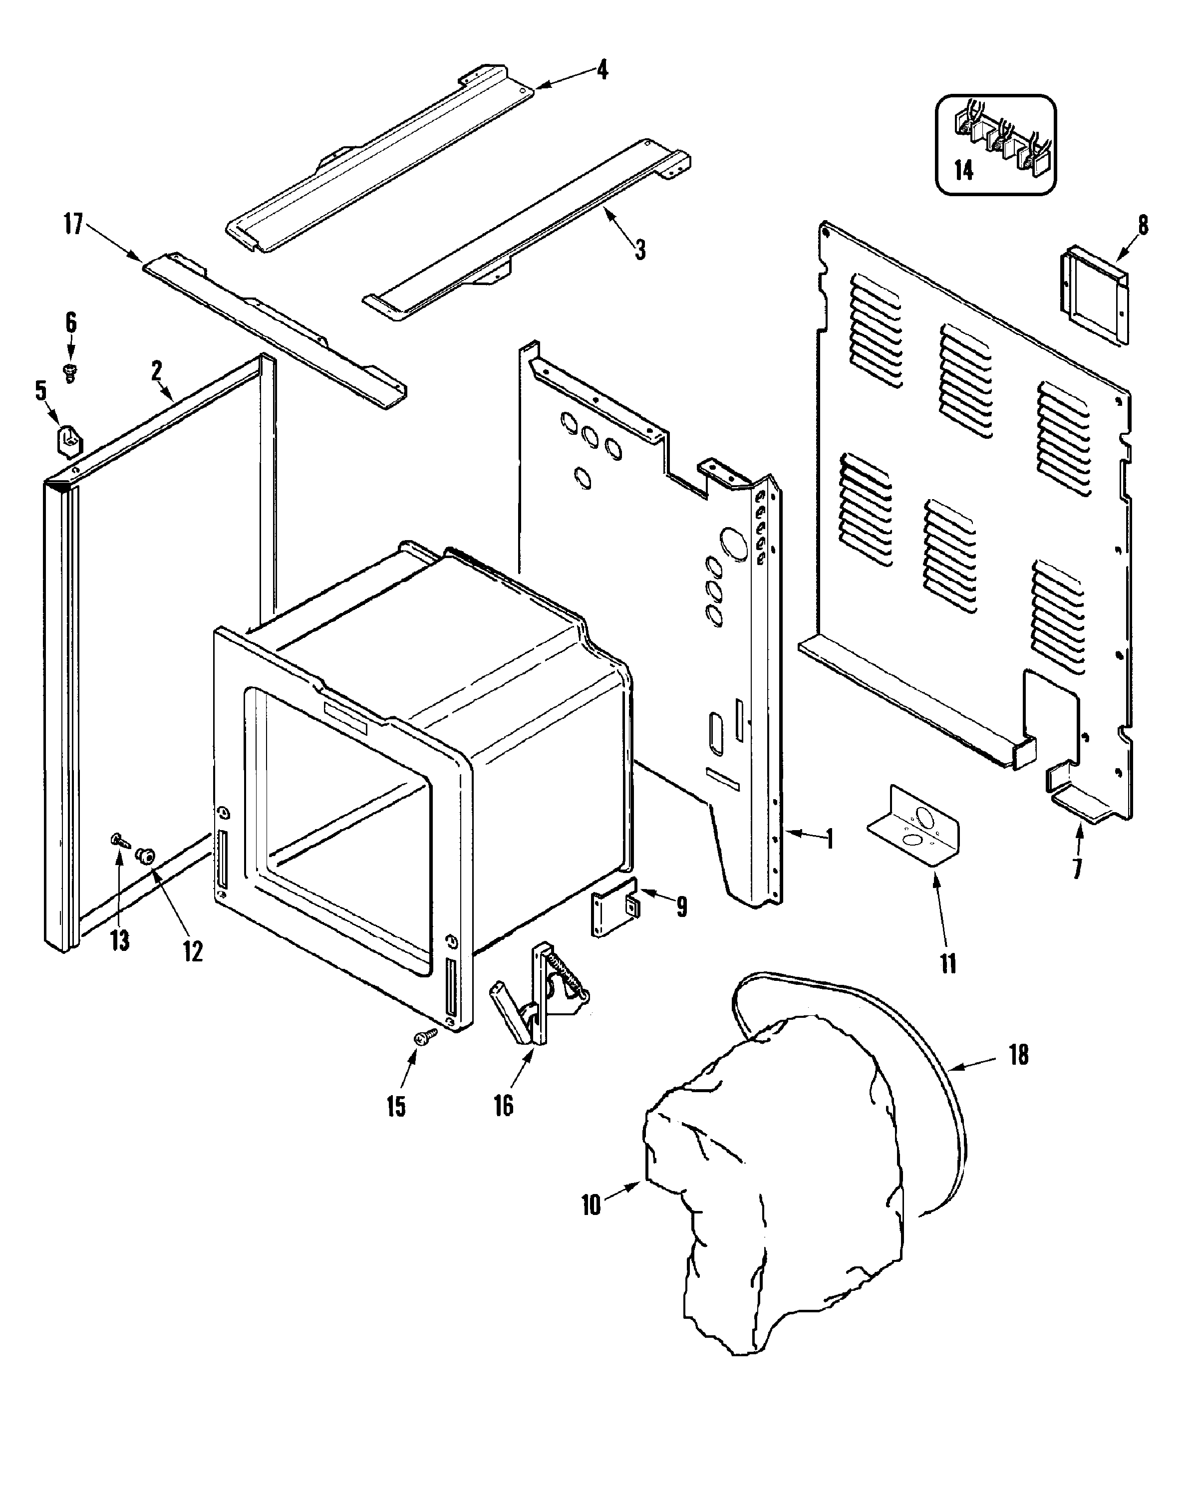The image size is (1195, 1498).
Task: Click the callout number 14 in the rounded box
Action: click(x=963, y=170)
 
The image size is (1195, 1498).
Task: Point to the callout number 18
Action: click(x=1018, y=1055)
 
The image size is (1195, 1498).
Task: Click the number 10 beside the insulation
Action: click(x=591, y=1205)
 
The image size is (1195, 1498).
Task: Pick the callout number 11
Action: click(x=948, y=964)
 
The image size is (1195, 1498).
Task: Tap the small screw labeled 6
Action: click(x=69, y=372)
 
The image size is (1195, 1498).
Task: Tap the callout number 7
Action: click(x=1078, y=869)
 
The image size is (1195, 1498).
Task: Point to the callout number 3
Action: click(x=640, y=249)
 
